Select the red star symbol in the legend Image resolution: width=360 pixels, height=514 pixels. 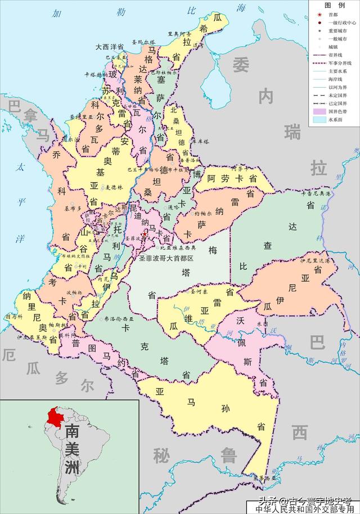point(319,14)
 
